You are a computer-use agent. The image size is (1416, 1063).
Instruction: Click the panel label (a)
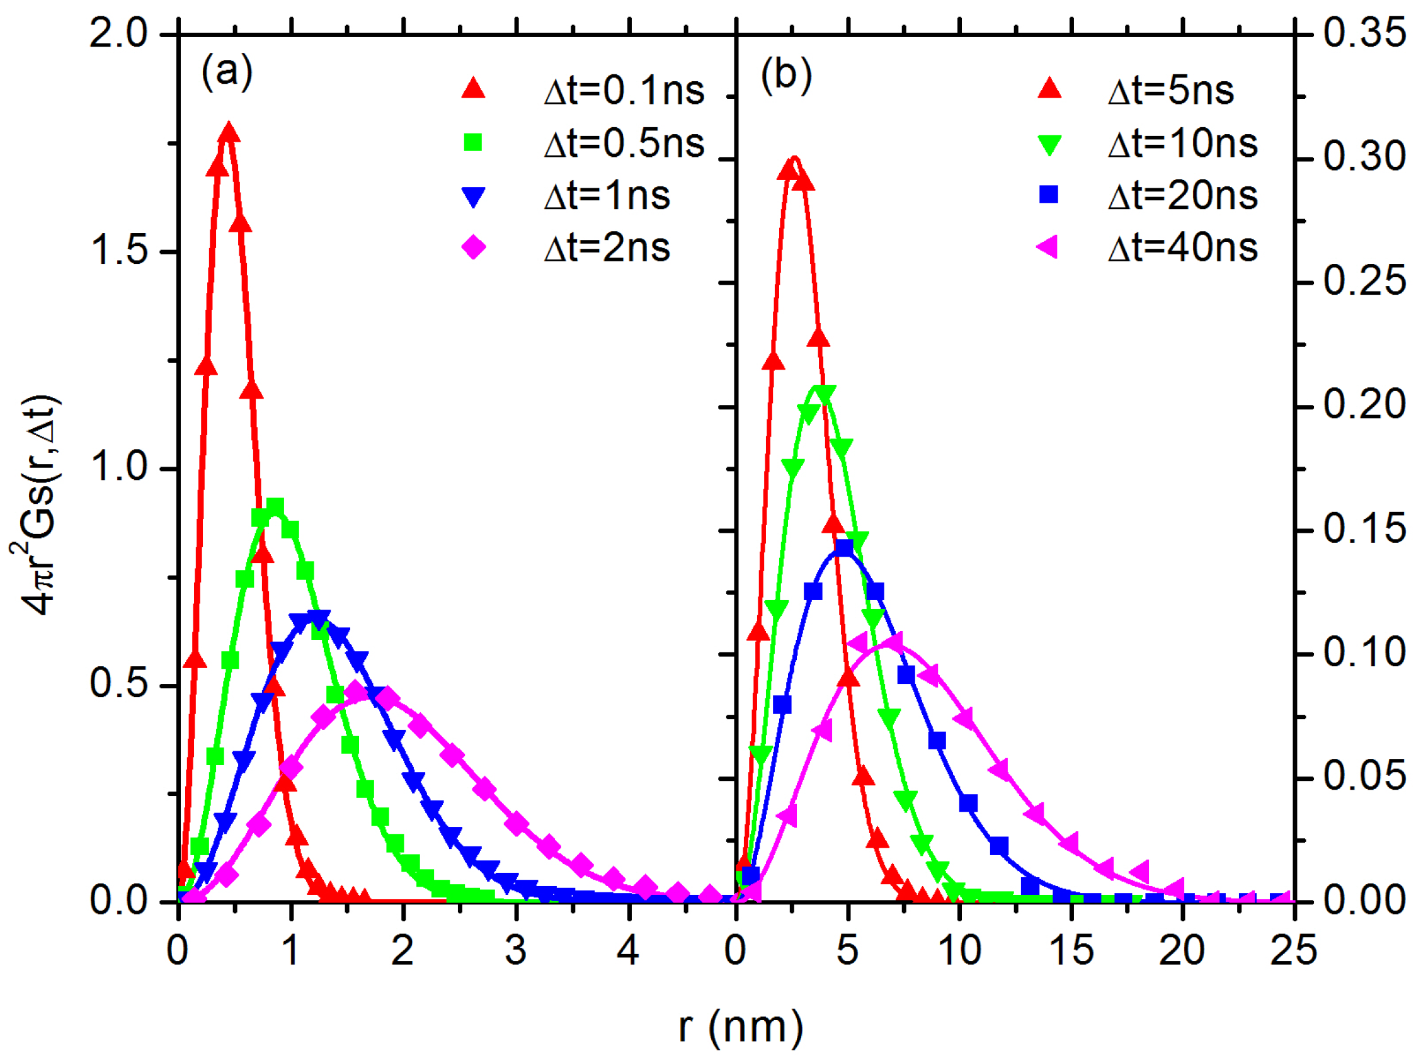pos(227,72)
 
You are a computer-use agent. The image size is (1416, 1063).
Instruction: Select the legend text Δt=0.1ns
pos(624,91)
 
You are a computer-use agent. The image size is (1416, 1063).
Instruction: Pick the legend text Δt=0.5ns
pos(624,144)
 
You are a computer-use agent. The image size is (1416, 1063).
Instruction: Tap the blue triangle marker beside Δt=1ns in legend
pos(473,196)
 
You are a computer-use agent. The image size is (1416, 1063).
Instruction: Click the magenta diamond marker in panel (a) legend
pos(473,247)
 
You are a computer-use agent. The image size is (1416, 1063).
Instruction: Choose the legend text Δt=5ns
pos(1171,91)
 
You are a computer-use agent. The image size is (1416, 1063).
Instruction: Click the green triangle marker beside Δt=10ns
pos(1049,145)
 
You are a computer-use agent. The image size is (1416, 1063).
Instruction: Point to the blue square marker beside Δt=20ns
pos(1049,194)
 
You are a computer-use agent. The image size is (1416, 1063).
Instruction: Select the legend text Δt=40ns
pos(1183,247)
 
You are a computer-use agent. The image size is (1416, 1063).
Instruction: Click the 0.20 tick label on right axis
pos(1364,404)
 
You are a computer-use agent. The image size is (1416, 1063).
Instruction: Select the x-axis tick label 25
pos(1294,951)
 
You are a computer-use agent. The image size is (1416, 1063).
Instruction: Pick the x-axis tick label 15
pos(1071,951)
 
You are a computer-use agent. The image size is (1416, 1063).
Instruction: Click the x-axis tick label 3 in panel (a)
pos(515,951)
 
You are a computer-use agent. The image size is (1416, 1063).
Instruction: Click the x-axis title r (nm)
pos(741,1027)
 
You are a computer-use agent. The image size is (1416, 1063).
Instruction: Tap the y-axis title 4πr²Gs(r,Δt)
pos(37,506)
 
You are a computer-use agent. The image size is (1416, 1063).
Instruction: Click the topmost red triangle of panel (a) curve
pos(229,133)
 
